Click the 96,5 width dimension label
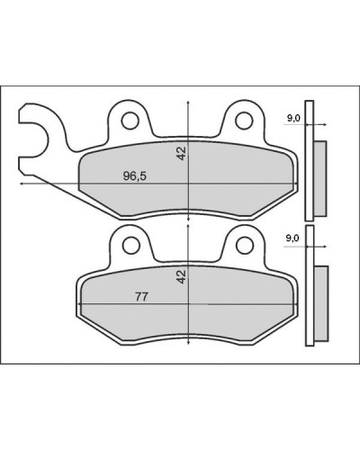pos(135,175)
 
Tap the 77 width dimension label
pos(141,297)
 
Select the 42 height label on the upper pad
pos(182,153)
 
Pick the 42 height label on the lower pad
pos(182,276)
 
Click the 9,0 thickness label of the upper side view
pos(293,118)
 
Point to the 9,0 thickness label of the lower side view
pos(292,238)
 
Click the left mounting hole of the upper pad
pos(130,121)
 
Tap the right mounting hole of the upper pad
pos(244,121)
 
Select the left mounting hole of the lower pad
pos(131,245)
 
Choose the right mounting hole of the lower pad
pos(245,246)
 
